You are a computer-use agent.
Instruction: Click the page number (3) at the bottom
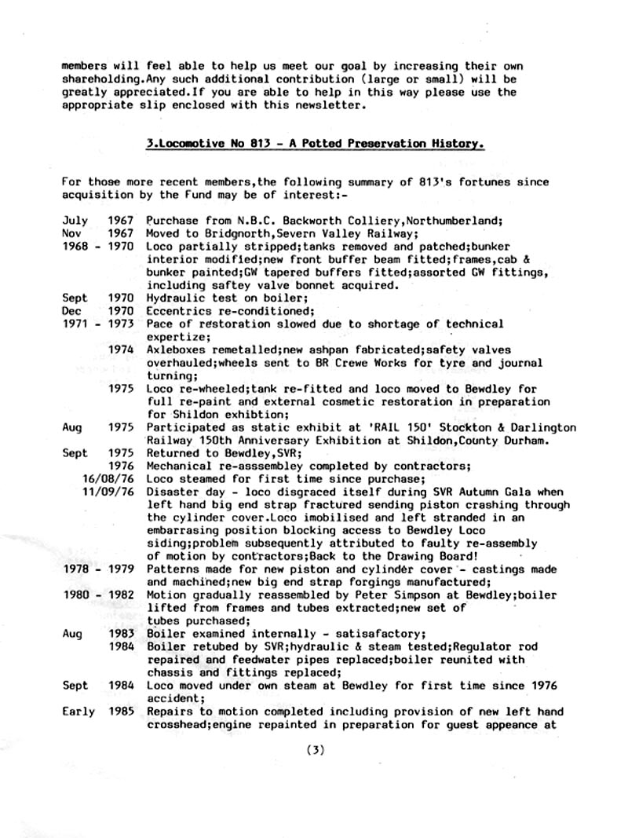(x=314, y=750)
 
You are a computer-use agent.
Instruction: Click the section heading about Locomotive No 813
(x=314, y=145)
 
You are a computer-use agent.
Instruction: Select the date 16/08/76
(x=108, y=479)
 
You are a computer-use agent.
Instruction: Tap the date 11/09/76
(x=108, y=492)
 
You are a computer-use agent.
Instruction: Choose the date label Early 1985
(x=97, y=712)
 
